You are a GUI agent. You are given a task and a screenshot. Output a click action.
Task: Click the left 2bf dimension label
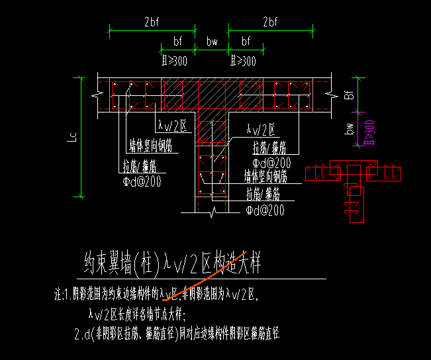pos(152,22)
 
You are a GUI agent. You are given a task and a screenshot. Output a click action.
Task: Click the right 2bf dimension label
pos(270,22)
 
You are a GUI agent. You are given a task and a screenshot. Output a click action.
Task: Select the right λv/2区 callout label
pos(260,130)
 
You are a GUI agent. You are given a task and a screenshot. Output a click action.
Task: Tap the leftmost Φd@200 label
pos(141,180)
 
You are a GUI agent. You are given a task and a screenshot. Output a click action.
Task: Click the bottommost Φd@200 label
pos(265,210)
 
